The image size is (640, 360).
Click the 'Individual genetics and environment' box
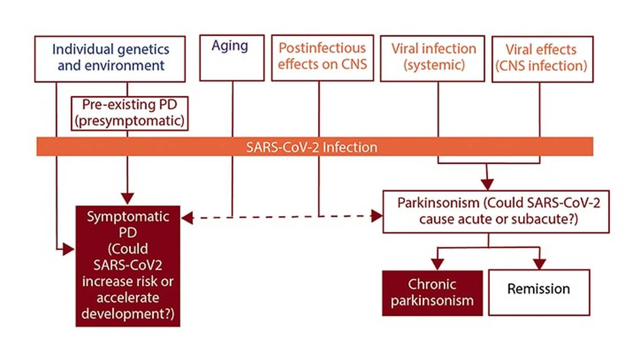coord(110,58)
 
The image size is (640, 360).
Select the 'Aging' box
coord(231,58)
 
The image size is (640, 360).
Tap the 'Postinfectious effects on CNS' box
coord(322,57)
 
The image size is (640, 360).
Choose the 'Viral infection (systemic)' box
coord(433,57)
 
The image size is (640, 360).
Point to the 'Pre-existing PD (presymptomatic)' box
coord(129,113)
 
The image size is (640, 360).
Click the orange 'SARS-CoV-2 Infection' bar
coord(315,147)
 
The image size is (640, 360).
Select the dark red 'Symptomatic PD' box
coord(128,265)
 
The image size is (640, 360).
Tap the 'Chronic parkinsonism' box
coord(432,292)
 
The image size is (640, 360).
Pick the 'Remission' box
coord(539,292)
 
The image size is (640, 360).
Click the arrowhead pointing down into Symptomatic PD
coord(128,198)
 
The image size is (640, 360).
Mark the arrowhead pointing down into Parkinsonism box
coord(488,183)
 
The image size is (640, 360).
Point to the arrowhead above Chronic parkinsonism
coord(437,263)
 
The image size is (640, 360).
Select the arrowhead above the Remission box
coord(539,263)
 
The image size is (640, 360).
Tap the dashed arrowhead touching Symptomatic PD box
coord(187,218)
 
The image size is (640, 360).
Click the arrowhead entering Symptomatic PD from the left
coord(69,249)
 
